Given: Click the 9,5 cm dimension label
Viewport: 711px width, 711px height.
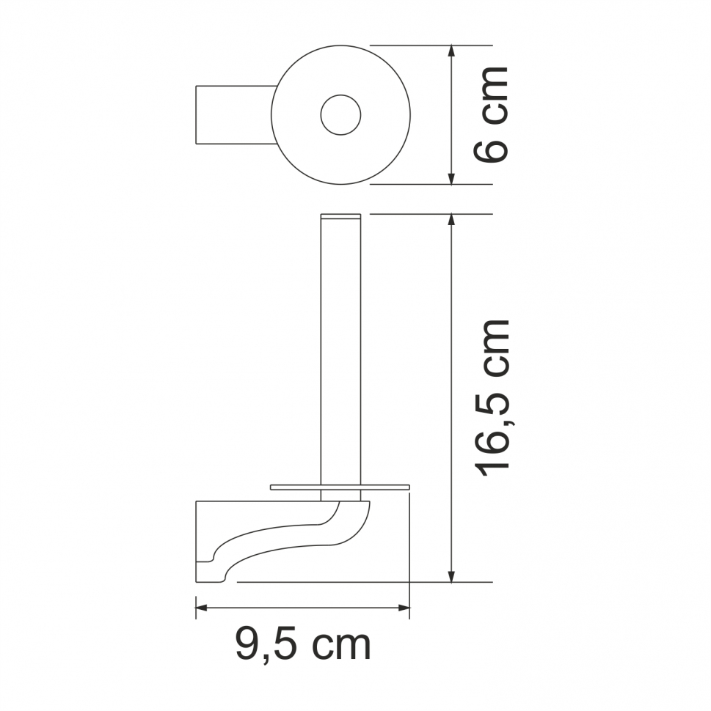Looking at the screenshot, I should [303, 645].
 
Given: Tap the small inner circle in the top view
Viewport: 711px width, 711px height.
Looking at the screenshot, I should [340, 115].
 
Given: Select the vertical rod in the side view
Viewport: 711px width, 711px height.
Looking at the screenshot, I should [340, 352].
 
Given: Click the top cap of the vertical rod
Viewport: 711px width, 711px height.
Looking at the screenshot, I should [340, 216].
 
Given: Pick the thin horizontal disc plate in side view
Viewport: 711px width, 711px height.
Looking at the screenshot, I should [339, 487].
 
